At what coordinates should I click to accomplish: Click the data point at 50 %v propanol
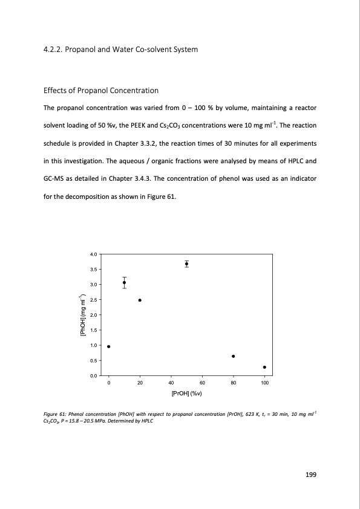[186, 264]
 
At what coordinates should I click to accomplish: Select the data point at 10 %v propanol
[124, 282]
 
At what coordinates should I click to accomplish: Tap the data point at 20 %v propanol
[140, 300]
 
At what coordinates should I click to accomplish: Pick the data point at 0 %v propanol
[108, 346]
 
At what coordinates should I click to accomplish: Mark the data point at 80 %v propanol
[233, 356]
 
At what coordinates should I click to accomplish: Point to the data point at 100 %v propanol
[264, 367]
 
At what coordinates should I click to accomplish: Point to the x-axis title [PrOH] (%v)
[186, 392]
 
